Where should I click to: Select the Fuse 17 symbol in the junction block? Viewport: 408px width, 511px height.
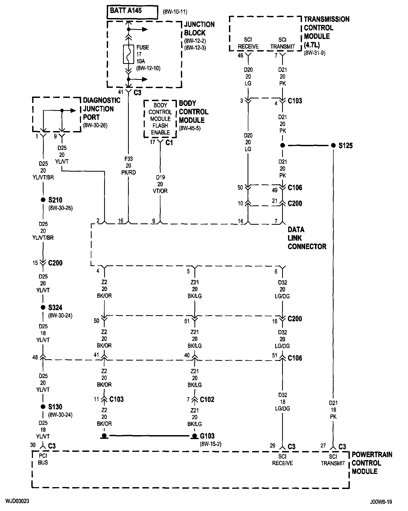[x=129, y=54]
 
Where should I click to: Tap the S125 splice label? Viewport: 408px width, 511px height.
[x=346, y=146]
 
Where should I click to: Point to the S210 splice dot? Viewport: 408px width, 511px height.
[x=43, y=200]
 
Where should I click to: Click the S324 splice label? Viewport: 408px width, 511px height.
[x=55, y=308]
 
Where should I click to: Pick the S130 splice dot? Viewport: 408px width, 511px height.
[x=43, y=407]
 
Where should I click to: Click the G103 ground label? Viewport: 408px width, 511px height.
[x=207, y=436]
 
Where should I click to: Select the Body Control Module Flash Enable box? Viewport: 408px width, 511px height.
[x=160, y=119]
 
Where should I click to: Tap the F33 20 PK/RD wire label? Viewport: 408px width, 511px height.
[x=129, y=166]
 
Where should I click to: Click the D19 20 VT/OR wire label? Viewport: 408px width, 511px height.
[x=160, y=184]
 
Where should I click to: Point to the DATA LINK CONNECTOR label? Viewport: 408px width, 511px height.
[x=307, y=238]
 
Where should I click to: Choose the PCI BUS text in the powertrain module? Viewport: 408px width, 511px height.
[x=43, y=459]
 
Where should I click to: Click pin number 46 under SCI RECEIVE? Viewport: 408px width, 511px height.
[x=240, y=55]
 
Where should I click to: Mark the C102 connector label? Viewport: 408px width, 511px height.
[x=207, y=399]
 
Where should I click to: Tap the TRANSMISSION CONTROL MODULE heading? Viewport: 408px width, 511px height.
[x=327, y=32]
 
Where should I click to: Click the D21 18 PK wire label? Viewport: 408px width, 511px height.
[x=333, y=410]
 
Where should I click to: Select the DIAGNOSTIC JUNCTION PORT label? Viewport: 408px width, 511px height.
[x=102, y=109]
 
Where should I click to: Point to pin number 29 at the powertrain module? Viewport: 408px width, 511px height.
[x=273, y=445]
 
